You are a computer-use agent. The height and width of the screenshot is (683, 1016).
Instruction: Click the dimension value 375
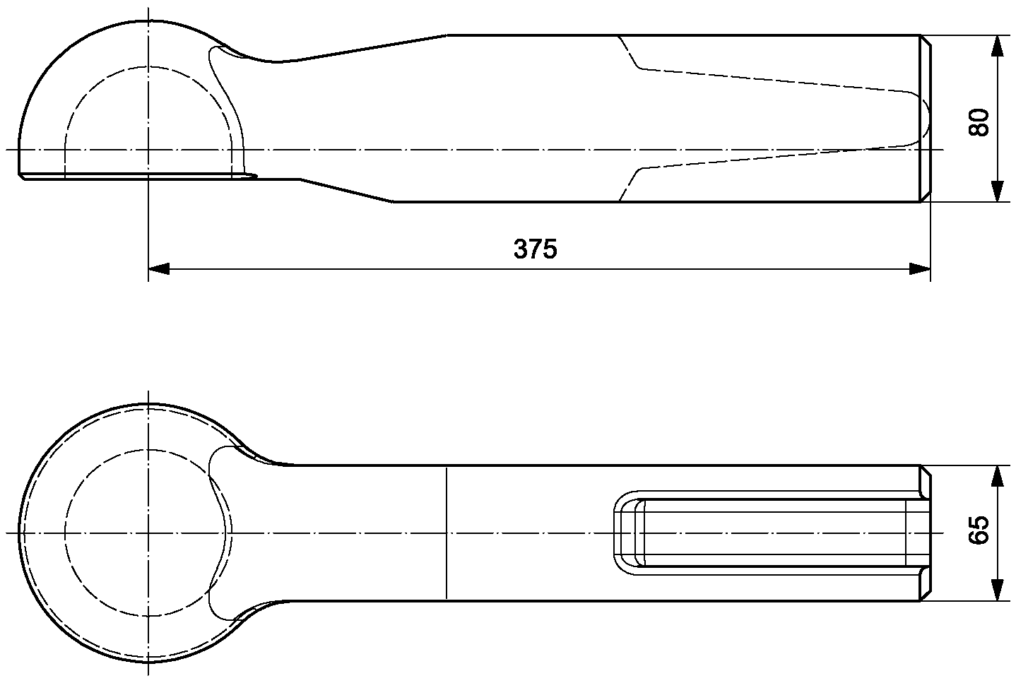coord(536,249)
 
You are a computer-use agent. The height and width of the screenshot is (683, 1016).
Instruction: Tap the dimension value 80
coord(979,122)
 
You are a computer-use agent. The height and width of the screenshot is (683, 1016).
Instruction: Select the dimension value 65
coord(979,530)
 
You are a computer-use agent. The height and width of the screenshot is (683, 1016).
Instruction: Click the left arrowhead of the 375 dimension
coord(159,269)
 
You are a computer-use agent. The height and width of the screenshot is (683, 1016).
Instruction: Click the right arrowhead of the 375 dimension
coord(920,269)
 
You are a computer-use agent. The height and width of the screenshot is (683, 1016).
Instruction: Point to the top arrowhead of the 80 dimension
coord(996,46)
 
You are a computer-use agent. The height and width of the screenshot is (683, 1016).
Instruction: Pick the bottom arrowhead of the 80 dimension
coord(996,191)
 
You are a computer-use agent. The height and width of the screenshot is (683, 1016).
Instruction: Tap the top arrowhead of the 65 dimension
coord(996,476)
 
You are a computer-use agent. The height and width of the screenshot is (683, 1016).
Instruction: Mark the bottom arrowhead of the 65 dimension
coord(996,590)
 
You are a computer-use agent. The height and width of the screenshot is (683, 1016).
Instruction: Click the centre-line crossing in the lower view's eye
coord(148,533)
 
